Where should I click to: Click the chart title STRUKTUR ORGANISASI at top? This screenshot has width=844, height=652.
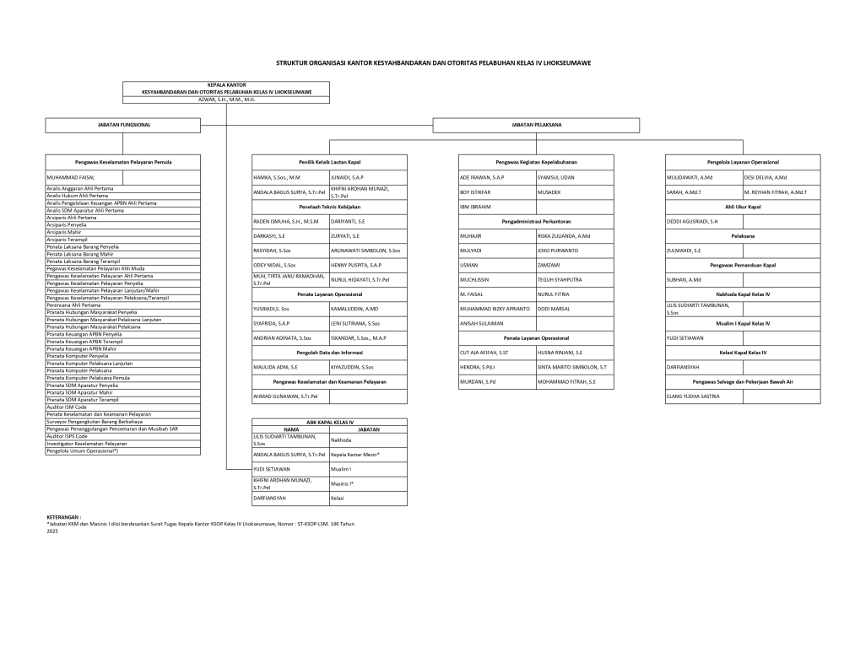[434, 62]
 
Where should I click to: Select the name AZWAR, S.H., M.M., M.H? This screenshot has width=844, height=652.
[226, 99]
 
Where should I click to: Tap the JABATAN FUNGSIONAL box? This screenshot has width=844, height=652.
[124, 125]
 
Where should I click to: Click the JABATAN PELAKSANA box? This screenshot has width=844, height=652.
[537, 125]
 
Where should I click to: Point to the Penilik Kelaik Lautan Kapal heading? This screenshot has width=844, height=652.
[329, 161]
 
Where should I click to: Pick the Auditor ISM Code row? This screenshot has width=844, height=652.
[67, 407]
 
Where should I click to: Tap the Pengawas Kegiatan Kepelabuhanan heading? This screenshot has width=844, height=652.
[536, 161]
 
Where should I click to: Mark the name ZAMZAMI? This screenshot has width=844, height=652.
[549, 265]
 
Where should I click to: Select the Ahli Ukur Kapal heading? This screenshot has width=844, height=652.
[743, 206]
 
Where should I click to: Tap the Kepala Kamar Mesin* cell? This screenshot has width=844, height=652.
[355, 454]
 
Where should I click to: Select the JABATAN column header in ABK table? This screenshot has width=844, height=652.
[369, 428]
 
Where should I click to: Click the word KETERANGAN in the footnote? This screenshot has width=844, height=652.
[63, 516]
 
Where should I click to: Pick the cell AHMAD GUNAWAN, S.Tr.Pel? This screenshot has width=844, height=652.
[285, 396]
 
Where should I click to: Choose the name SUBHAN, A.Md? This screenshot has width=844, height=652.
[684, 279]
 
